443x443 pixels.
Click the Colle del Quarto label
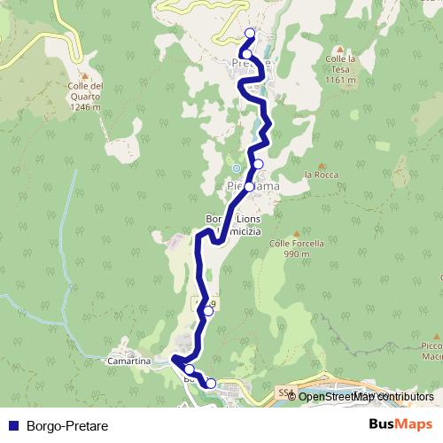pyautogui.click(x=84, y=97)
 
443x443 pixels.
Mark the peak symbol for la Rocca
pyautogui.click(x=322, y=164)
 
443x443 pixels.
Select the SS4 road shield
pyautogui.click(x=284, y=390)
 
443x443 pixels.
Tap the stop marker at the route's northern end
pyautogui.click(x=249, y=34)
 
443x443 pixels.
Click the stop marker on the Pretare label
pyautogui.click(x=245, y=55)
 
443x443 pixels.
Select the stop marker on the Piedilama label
pyautogui.click(x=249, y=187)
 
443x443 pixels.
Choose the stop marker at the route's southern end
pyautogui.click(x=211, y=383)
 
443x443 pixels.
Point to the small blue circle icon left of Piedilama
pyautogui.click(x=236, y=169)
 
